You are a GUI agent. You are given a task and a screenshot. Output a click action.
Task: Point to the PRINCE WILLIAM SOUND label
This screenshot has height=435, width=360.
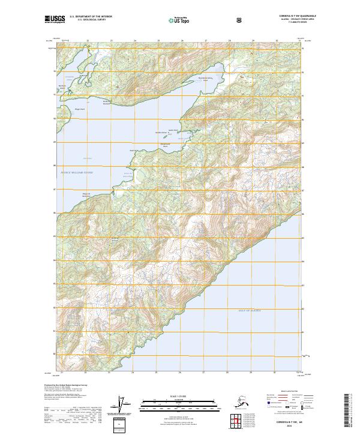pos(77,172)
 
